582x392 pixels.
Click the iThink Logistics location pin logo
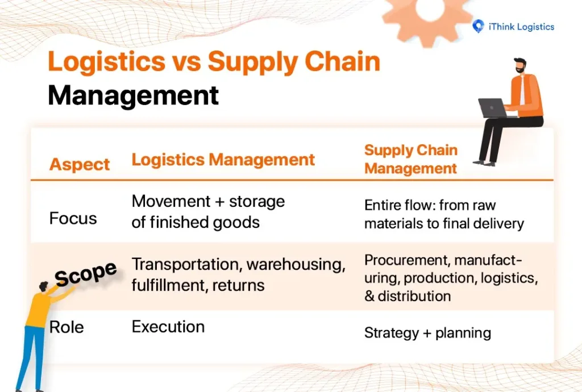coord(479,27)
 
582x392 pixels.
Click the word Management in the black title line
coord(133,95)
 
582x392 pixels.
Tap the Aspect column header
coord(80,164)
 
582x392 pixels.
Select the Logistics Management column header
coord(223,160)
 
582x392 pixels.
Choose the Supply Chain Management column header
coord(411,159)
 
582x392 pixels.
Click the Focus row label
coord(73,219)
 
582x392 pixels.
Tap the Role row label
coord(66,327)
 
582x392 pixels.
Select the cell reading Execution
coord(168,327)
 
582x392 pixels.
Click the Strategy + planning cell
coord(427,333)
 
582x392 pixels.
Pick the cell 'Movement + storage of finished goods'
coord(208,211)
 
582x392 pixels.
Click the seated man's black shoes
coord(484,162)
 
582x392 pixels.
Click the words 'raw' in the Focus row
coord(483,205)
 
